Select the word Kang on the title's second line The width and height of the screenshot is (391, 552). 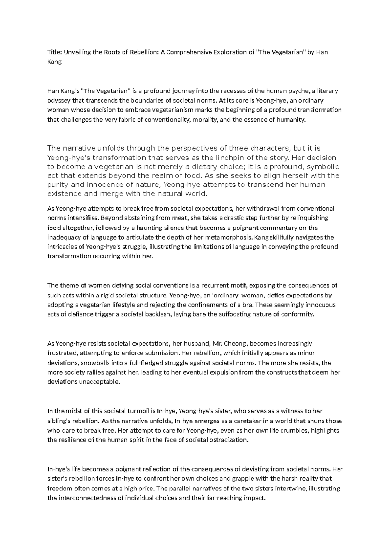pos(54,62)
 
